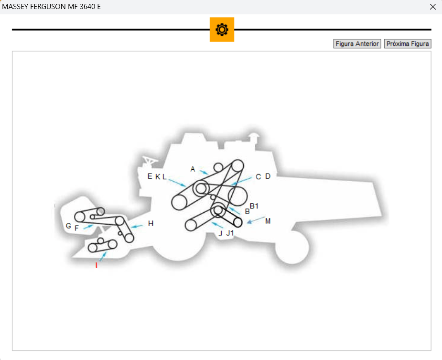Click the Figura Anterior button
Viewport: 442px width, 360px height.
[x=357, y=44]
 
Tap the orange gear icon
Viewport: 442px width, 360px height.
[x=222, y=30]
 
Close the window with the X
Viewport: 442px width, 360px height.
[x=433, y=7]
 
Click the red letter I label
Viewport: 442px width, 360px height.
[x=97, y=265]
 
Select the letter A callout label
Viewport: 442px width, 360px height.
[x=193, y=169]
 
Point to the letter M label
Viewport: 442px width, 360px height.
[x=268, y=221]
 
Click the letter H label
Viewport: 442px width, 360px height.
[x=151, y=223]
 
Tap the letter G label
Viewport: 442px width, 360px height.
[x=68, y=226]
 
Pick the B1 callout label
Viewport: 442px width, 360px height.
[x=254, y=206]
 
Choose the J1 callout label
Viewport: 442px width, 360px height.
[x=230, y=233]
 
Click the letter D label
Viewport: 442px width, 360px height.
[x=268, y=176]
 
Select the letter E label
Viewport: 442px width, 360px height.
[x=150, y=176]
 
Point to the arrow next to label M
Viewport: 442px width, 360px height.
[x=256, y=220]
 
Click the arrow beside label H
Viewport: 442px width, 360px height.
[x=137, y=226]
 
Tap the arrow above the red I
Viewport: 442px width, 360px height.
[x=103, y=256]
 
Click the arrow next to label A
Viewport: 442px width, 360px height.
[x=204, y=172]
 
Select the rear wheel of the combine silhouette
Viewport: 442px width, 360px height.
[x=292, y=248]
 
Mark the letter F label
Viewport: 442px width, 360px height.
[x=76, y=228]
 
